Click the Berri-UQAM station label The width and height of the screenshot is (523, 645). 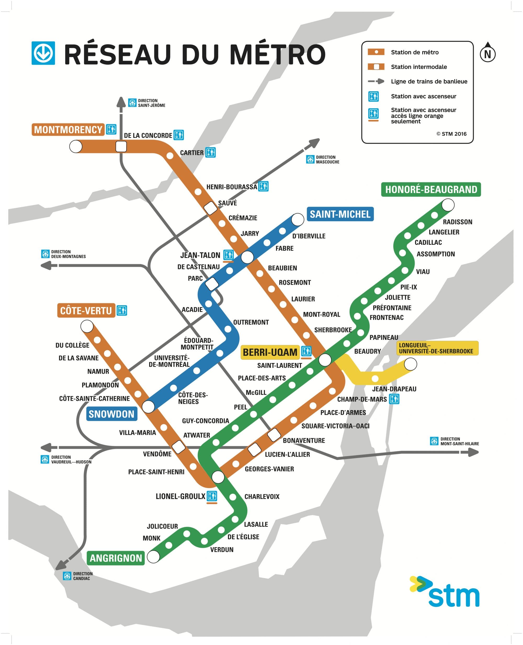(270, 352)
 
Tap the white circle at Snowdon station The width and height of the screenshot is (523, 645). (148, 406)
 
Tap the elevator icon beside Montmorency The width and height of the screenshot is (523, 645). (111, 129)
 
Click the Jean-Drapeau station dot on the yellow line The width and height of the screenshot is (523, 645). (375, 379)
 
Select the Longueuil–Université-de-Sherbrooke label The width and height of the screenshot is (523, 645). (437, 348)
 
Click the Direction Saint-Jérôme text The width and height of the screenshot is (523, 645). (151, 103)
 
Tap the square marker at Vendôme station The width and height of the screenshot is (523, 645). (178, 447)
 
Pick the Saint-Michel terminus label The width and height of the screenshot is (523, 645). (340, 214)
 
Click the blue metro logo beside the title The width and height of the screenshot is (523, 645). (43, 53)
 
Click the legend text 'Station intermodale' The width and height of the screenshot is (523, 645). (419, 67)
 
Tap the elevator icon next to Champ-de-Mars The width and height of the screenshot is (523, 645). (394, 399)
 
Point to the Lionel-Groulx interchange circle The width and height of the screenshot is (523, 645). (218, 477)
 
